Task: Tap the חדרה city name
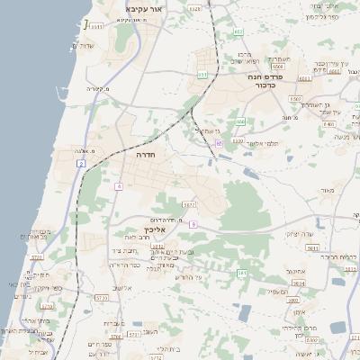(x=144, y=155)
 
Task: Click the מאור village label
(x=326, y=191)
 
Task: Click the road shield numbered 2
(x=81, y=164)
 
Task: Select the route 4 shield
(x=118, y=186)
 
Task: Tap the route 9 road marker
(x=193, y=224)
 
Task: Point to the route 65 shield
(x=219, y=142)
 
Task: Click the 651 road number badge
(x=202, y=75)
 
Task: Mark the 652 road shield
(x=239, y=32)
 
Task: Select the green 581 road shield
(x=240, y=272)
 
